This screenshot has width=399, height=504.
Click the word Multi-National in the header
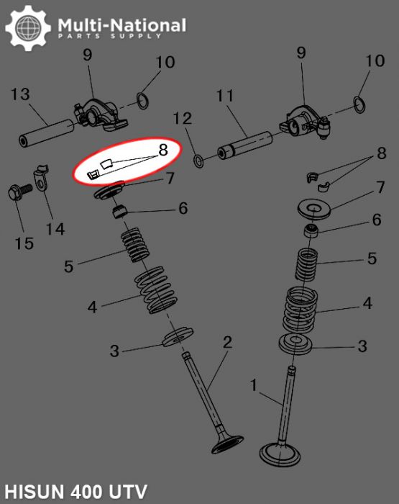(121, 26)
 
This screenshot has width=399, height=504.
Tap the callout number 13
(19, 94)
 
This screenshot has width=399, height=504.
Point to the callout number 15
(24, 243)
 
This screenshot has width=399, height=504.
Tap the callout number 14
(55, 229)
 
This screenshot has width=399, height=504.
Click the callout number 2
(227, 342)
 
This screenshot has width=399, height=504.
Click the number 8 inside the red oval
(163, 150)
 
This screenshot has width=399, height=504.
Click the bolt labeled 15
(16, 193)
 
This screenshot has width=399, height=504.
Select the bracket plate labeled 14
(41, 180)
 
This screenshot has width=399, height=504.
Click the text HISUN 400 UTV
(75, 492)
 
